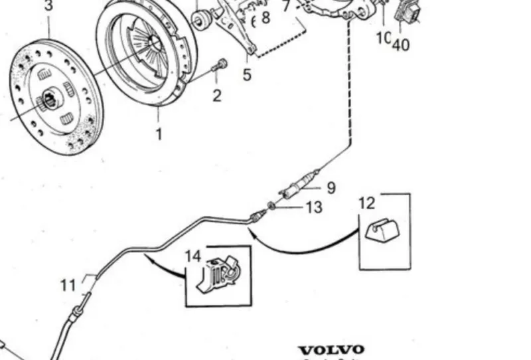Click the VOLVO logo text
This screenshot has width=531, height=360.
331,349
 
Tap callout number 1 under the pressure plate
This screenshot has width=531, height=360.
159,134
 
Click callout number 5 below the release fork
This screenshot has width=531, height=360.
247,74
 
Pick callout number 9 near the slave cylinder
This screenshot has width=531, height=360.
330,188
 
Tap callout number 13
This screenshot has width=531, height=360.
313,208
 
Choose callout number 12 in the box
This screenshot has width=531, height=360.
367,203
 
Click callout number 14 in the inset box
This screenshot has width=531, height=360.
192,256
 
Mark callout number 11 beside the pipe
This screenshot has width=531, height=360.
68,285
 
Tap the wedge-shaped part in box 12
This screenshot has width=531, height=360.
382,230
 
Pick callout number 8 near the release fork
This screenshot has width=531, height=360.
265,18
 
